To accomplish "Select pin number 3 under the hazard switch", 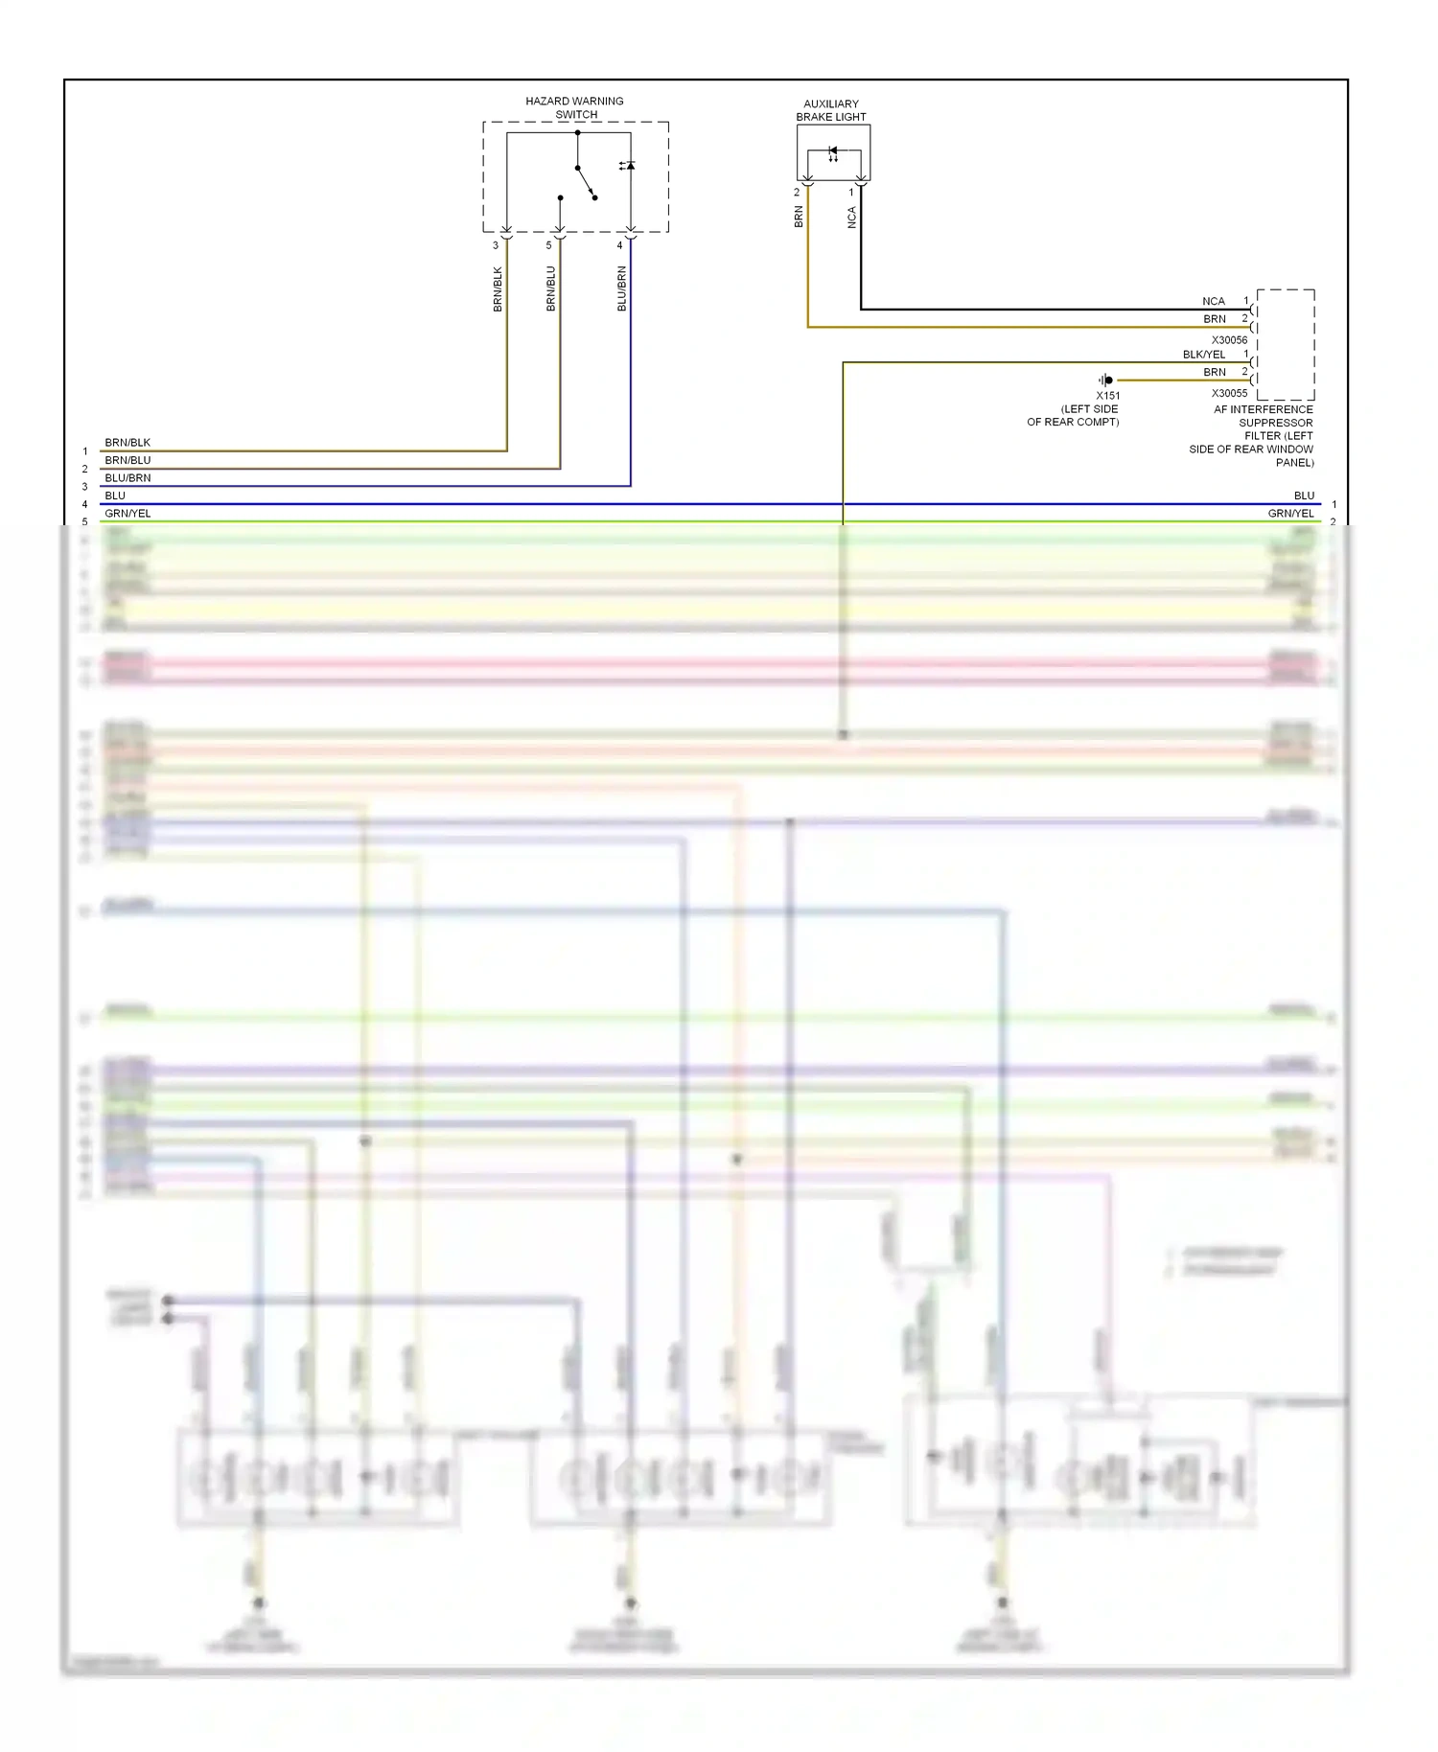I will pos(496,245).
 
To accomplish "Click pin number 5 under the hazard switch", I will pos(548,245).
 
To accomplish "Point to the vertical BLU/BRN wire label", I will pos(621,288).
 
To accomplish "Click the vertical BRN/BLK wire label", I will pos(498,288).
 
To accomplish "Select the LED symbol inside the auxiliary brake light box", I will pos(833,152).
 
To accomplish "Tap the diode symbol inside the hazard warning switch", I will pos(628,166).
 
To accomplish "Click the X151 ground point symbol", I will pos(1106,380).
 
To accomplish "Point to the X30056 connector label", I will pos(1229,340).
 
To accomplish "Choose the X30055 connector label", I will pos(1229,393).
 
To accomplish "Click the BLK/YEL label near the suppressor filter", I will pos(1203,355).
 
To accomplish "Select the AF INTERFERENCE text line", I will pos(1263,409).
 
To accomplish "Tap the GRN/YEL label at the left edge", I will pos(128,514).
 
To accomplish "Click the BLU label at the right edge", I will pos(1304,496).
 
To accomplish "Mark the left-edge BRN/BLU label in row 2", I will pos(128,460).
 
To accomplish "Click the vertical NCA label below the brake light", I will pos(851,218).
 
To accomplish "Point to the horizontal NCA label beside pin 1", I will pos(1213,301).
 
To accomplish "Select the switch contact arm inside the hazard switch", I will pos(586,182).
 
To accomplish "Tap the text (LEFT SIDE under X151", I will pos(1089,409).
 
